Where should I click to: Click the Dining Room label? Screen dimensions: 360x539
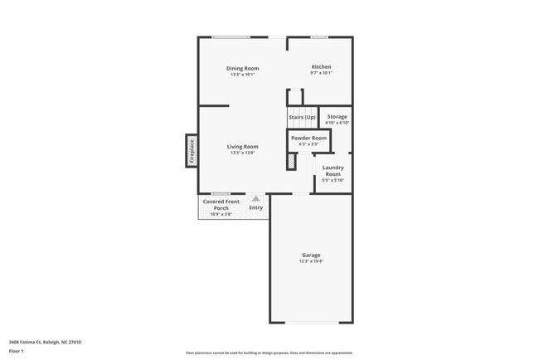click(x=243, y=67)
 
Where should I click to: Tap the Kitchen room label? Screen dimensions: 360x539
click(x=321, y=66)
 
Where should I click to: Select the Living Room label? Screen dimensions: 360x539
click(x=243, y=147)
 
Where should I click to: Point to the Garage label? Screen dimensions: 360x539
click(x=311, y=255)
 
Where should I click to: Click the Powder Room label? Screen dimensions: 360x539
click(x=308, y=138)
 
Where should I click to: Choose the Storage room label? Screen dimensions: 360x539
click(x=337, y=117)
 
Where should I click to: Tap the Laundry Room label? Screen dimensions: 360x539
click(x=333, y=170)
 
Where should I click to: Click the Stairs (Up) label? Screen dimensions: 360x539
click(x=302, y=117)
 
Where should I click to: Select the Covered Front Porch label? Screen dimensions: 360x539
click(x=221, y=204)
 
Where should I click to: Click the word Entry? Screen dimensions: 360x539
click(x=256, y=207)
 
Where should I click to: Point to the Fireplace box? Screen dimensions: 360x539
click(x=192, y=151)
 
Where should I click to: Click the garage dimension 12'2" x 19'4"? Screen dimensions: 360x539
click(x=311, y=261)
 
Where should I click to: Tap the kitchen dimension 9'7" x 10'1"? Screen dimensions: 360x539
click(x=321, y=73)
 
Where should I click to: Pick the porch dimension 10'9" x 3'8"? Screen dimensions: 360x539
click(x=221, y=214)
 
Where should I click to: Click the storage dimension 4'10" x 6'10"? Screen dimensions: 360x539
click(x=337, y=124)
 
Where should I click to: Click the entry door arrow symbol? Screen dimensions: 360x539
click(x=256, y=198)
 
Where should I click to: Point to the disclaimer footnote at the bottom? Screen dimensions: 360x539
click(x=269, y=353)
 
